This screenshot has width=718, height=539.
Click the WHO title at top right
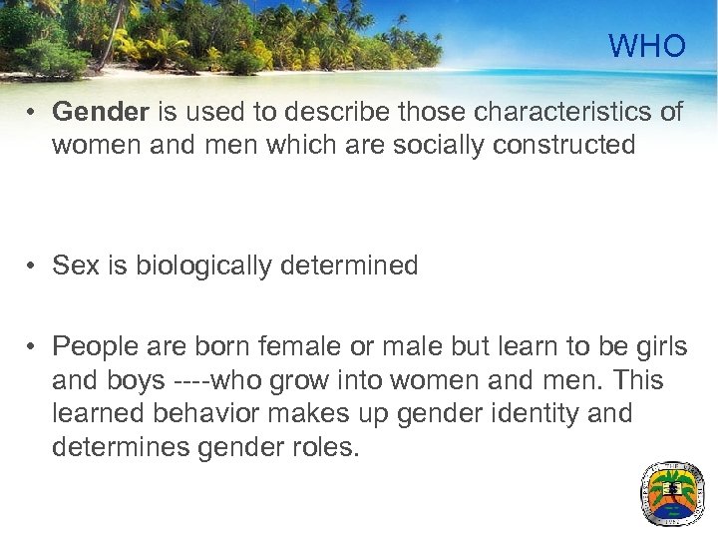(647, 46)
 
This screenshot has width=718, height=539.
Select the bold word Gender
(96, 111)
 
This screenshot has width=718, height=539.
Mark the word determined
(357, 266)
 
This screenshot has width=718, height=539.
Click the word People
(98, 346)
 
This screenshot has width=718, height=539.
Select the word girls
(652, 346)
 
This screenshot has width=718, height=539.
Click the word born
(225, 346)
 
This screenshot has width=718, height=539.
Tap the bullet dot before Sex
(33, 267)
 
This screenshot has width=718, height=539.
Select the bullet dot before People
(33, 347)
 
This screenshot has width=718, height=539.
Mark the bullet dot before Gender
(33, 112)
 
